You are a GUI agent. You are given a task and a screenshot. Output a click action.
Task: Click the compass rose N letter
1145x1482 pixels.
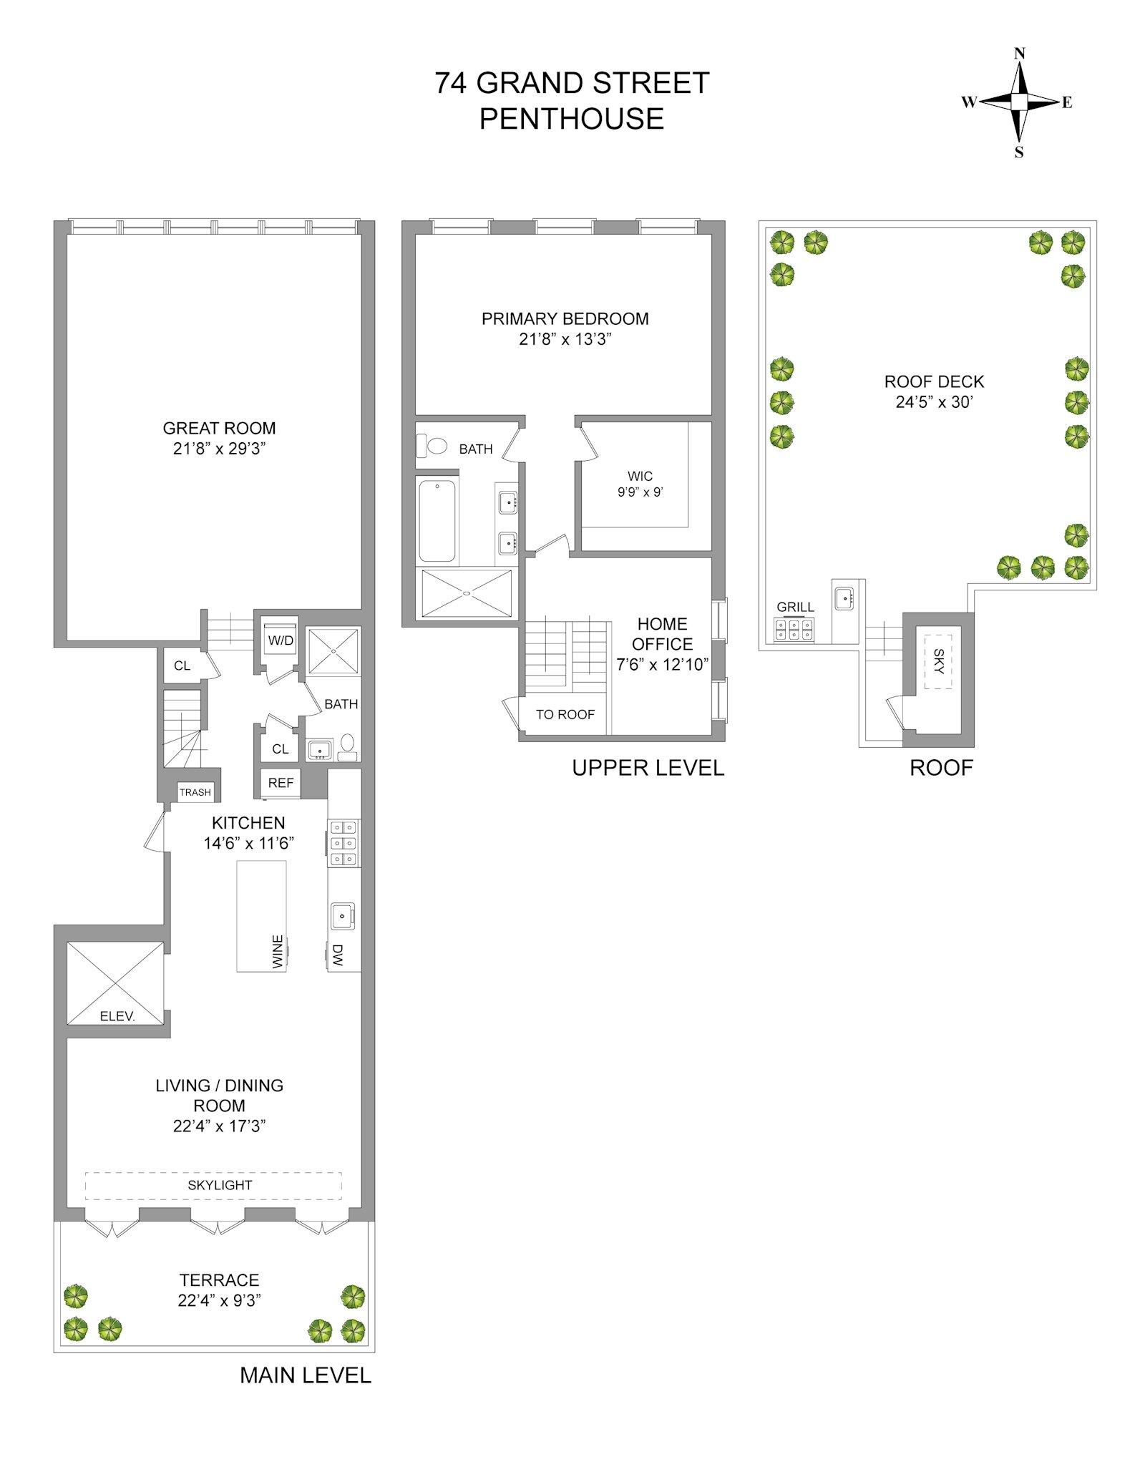point(1019,54)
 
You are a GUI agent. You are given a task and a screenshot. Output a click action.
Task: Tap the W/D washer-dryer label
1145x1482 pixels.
point(280,640)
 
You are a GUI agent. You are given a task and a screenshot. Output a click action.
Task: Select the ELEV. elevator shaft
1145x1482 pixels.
point(115,983)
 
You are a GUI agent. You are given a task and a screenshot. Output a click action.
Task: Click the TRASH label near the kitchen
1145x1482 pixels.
point(195,792)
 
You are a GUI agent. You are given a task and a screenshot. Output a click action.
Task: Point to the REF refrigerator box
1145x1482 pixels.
point(281,783)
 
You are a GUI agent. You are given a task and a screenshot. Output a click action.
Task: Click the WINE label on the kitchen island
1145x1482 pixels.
point(278,952)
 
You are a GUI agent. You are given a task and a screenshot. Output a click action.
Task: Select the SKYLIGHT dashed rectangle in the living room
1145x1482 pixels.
point(213,1185)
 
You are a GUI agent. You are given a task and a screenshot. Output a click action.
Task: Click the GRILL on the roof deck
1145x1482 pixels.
point(794,629)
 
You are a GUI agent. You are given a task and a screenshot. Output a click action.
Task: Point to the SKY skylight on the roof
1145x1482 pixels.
point(938,661)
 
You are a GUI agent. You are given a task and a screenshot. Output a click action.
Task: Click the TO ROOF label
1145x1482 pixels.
point(565,714)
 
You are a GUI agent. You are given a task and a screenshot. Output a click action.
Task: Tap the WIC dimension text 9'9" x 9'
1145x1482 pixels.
point(640,492)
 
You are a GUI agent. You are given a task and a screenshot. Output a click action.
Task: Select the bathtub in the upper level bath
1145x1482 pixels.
point(437,521)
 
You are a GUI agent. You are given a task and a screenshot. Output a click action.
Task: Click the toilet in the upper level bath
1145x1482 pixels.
point(434,446)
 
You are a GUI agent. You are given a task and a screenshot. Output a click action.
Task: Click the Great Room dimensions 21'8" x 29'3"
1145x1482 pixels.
point(219,449)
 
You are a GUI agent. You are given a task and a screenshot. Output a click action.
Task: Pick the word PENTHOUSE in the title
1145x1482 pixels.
point(571,119)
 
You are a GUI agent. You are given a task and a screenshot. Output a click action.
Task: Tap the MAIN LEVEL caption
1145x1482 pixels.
point(305,1375)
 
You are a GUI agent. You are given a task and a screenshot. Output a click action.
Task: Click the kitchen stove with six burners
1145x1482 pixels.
point(343,843)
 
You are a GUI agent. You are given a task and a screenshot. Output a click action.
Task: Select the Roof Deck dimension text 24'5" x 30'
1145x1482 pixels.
point(933,402)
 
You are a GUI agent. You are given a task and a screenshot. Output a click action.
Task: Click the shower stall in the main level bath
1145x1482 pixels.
point(333,651)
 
